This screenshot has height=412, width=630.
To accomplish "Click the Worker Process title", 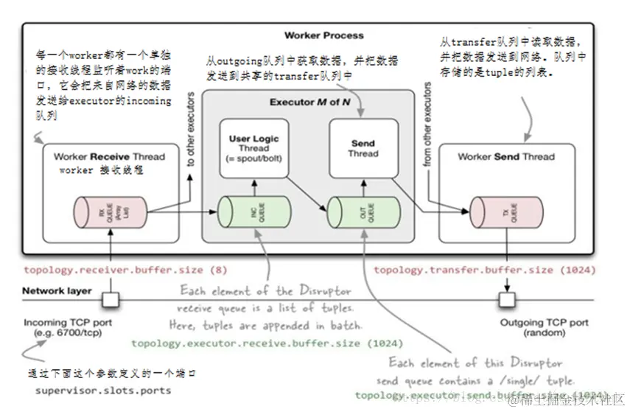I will pyautogui.click(x=323, y=35).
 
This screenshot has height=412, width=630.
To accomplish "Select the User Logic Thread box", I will pyautogui.click(x=253, y=150).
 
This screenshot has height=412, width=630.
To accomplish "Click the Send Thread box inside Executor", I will pyautogui.click(x=363, y=150).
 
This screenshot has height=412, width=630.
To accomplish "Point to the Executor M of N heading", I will pyautogui.click(x=309, y=102).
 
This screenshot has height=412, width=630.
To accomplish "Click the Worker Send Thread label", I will pyautogui.click(x=505, y=156).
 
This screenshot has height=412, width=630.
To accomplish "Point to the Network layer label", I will pyautogui.click(x=57, y=291).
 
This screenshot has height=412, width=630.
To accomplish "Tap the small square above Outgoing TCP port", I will pyautogui.click(x=505, y=299).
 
